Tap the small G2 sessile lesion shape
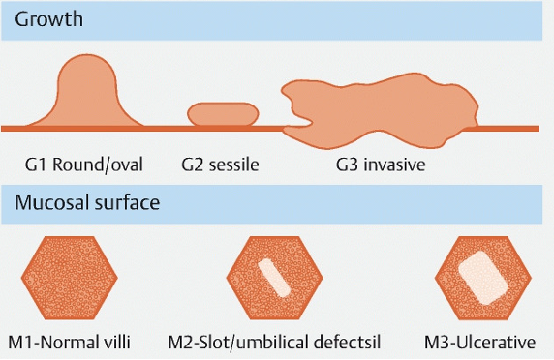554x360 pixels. pos(223,114)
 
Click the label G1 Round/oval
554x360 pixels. pos(85,165)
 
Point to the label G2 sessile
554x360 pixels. pos(220,165)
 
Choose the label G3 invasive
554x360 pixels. pos(381,165)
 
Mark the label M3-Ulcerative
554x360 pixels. pos(479,341)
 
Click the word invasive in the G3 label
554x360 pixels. pos(394,165)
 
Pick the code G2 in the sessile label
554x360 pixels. pos(193,165)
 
